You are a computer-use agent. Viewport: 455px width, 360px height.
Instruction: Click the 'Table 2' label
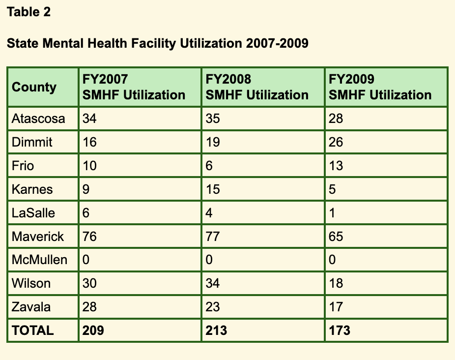(28, 12)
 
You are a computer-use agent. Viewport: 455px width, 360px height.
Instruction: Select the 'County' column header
(34, 87)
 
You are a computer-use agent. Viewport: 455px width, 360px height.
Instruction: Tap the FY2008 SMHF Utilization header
(257, 87)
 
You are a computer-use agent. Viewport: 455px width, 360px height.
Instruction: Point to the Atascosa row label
(38, 119)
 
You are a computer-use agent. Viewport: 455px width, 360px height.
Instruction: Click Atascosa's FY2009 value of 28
(336, 119)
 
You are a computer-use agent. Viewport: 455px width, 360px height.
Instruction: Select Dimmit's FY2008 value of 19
(213, 142)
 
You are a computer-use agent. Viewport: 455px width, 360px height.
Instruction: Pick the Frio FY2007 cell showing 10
(89, 166)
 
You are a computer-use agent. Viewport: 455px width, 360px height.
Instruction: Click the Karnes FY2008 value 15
(213, 189)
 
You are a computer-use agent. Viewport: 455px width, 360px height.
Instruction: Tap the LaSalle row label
(33, 212)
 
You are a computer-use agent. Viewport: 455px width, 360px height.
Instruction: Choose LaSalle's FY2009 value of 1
(332, 212)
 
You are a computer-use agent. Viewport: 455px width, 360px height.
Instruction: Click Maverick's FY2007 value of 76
(89, 236)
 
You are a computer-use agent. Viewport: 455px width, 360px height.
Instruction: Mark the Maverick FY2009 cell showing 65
(336, 236)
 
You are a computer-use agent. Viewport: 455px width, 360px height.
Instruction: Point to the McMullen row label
(39, 260)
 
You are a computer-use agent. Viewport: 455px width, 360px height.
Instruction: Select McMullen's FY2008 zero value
(209, 260)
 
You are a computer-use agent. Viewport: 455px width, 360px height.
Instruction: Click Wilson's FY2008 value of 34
(213, 283)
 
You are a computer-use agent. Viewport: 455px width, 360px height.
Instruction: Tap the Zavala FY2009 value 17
(336, 306)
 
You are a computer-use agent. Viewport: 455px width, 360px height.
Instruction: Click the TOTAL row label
(32, 330)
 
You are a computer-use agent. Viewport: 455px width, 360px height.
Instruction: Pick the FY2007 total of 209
(93, 330)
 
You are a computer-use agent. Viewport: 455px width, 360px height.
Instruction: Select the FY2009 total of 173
(340, 330)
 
